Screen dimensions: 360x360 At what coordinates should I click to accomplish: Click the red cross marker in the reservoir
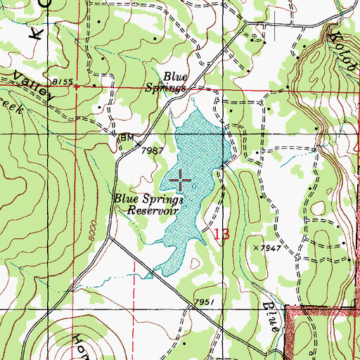(181, 182)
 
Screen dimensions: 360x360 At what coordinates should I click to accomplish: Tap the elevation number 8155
(62, 82)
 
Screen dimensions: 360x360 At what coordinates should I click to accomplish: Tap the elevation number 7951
(203, 303)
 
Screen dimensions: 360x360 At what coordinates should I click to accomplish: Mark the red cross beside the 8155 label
(76, 87)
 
